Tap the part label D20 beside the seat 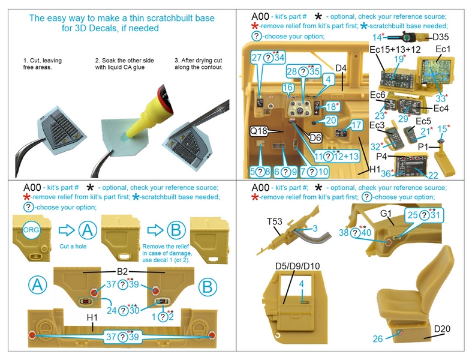443,329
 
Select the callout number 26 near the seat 377,339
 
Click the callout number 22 433,175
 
